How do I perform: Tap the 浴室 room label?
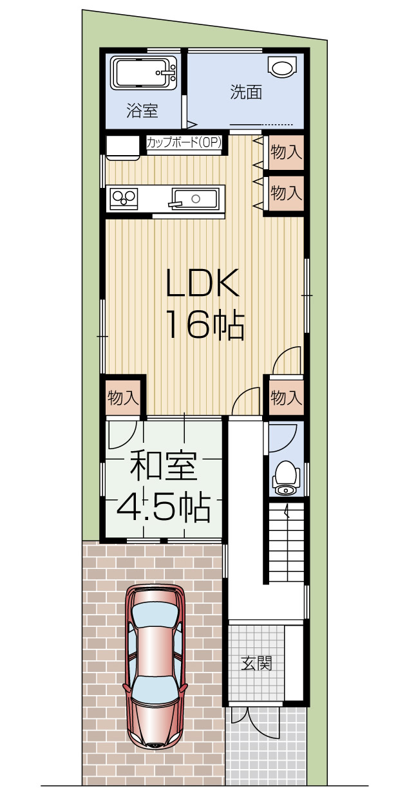click(142, 111)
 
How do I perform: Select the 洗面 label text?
click(246, 93)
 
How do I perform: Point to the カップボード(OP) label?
click(184, 143)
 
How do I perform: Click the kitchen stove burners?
click(124, 198)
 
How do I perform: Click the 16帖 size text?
click(205, 325)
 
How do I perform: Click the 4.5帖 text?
click(163, 508)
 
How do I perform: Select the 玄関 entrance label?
click(257, 664)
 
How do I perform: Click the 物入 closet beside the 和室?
click(123, 398)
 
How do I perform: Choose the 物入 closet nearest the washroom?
click(286, 153)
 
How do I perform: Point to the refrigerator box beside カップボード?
click(123, 147)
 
